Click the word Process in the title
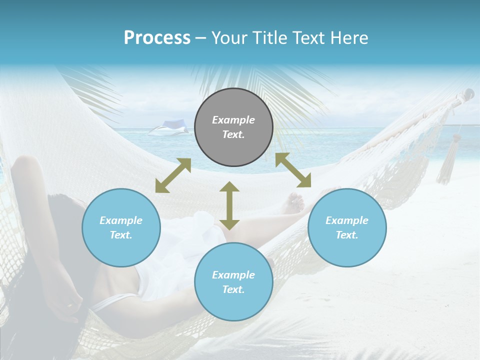157,38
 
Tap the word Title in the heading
270,38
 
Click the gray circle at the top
233,127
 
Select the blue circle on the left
121,227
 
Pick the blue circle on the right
347,227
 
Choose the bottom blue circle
233,281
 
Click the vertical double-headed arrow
229,205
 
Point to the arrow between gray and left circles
173,175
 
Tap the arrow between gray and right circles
293,170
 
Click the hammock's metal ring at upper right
468,93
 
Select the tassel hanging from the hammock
446,167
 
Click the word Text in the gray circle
233,134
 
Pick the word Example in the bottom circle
233,274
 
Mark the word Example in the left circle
121,220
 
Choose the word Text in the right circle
346,235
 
